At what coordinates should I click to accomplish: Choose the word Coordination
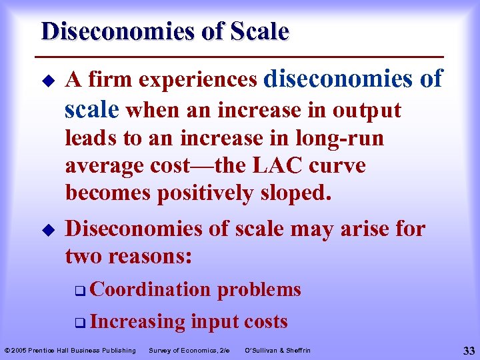coord(149,289)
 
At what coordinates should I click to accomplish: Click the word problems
coord(259,289)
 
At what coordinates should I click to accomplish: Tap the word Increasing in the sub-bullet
coord(137,321)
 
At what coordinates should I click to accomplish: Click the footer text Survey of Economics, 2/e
coord(189,350)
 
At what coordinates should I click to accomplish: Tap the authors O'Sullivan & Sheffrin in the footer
coord(277,350)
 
